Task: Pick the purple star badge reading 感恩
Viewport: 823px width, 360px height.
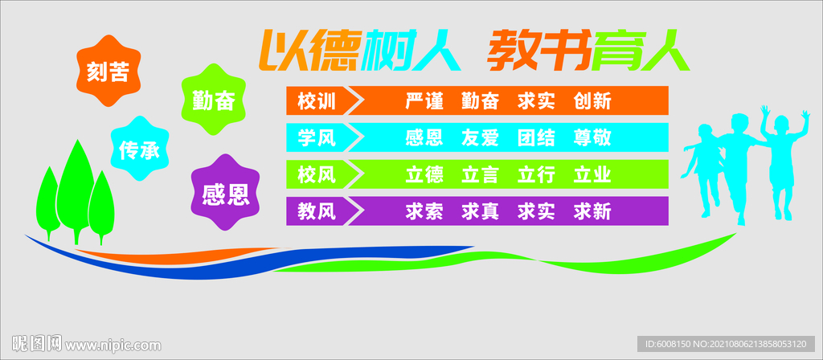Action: tap(226, 193)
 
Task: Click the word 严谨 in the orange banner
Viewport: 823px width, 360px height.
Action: tap(424, 100)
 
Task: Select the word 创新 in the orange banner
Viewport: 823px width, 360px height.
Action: tap(592, 100)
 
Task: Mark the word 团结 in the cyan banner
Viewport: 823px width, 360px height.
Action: tap(536, 137)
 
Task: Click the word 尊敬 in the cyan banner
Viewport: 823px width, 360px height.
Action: tap(592, 137)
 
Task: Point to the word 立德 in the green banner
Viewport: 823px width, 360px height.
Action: tap(424, 174)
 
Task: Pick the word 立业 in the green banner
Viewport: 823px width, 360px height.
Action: tap(592, 174)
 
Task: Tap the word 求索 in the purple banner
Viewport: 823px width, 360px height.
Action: tap(424, 211)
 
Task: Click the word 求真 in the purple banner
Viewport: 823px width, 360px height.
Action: tap(480, 211)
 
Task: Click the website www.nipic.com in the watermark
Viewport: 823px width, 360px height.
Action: tap(113, 346)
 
